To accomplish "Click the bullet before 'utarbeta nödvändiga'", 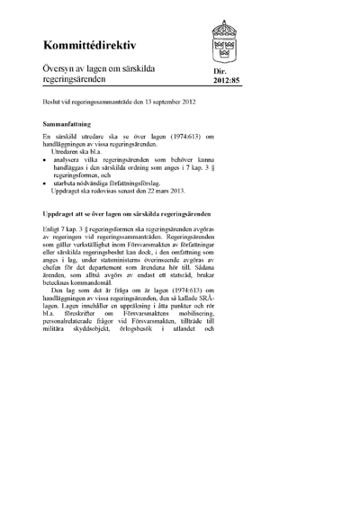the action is pyautogui.click(x=45, y=183).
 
